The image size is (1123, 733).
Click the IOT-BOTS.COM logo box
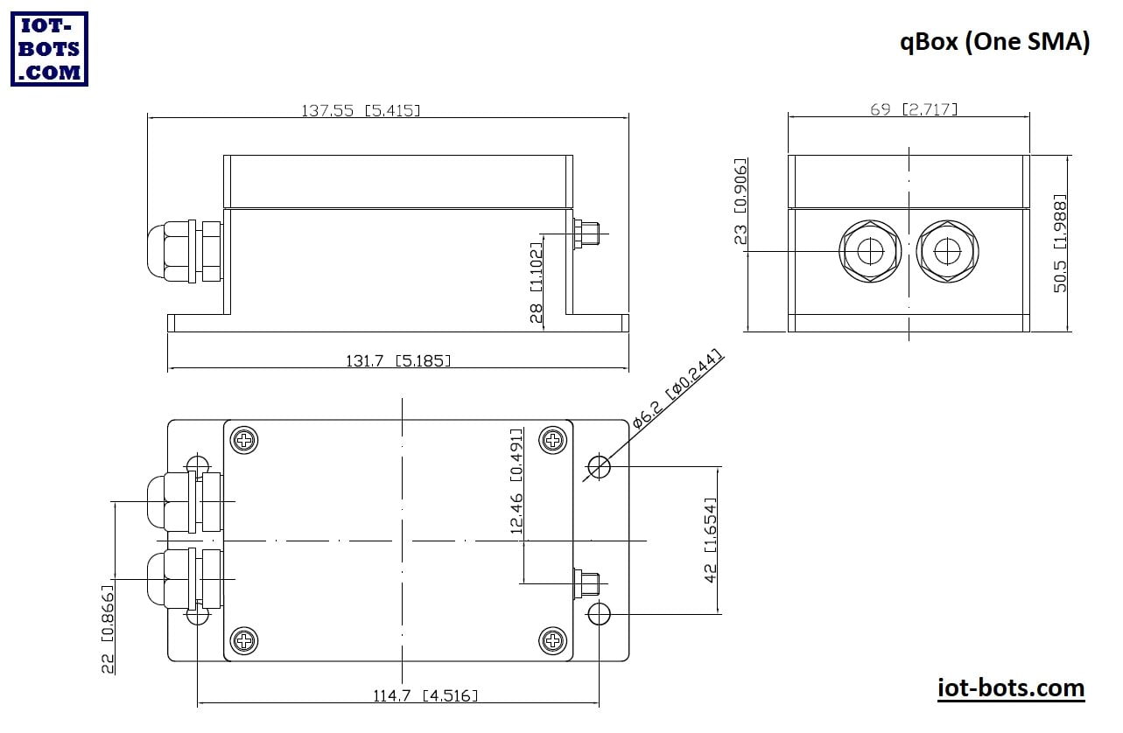coord(49,49)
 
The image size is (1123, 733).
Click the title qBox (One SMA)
coord(994,42)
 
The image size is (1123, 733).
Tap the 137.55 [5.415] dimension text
coord(361,110)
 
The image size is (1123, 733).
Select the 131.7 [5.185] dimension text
coord(398,360)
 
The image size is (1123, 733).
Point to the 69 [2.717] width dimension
coord(914,109)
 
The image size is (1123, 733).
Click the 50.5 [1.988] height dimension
coord(1060,243)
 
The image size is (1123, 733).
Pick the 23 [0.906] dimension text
coord(740,201)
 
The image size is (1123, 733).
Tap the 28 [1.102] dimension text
coord(536,283)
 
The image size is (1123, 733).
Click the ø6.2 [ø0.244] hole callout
coord(677,389)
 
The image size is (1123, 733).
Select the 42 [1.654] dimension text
coord(711,540)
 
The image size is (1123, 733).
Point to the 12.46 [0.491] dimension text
coord(516,481)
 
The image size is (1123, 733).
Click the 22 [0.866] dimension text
coord(108,629)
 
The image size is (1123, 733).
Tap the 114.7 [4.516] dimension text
coord(425,695)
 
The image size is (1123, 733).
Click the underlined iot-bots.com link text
coord(1011,688)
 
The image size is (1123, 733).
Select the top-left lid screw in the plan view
coord(244,440)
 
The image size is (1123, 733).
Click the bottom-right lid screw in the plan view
coord(552,640)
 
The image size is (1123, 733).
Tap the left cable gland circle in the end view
coord(870,251)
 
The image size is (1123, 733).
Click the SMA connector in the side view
coord(586,234)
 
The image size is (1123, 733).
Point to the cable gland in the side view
coord(185,252)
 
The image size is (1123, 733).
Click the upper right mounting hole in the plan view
coord(599,466)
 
